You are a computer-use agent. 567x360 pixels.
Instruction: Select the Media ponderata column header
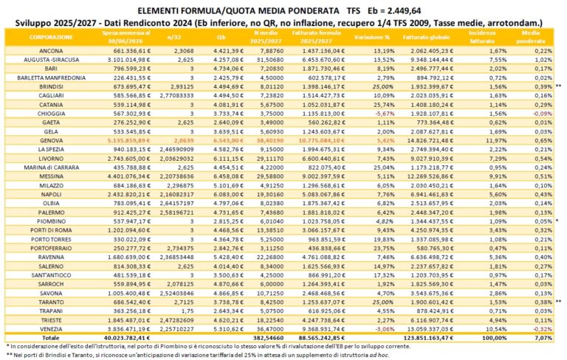529,37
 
